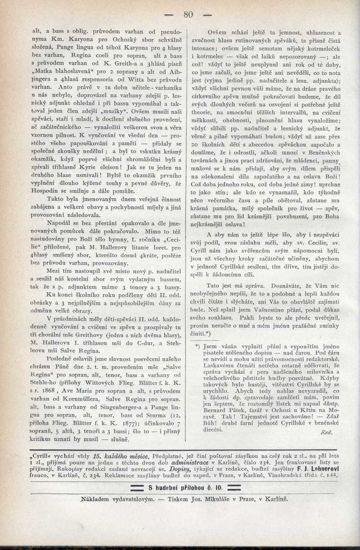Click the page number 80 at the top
pos(188,14)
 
